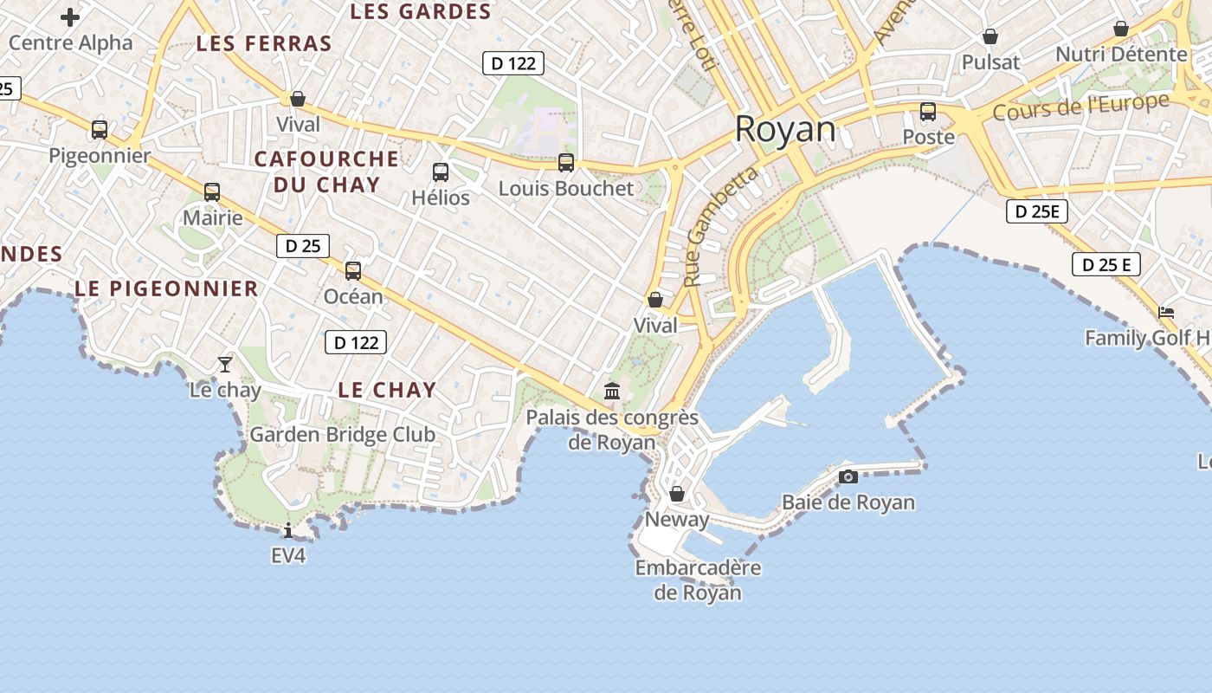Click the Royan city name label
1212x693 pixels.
(x=785, y=130)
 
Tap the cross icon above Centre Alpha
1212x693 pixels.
(x=70, y=16)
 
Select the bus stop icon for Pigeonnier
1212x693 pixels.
(x=100, y=130)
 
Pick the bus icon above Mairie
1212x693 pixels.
(x=212, y=192)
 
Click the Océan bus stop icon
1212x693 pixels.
(x=353, y=271)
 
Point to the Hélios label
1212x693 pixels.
(x=441, y=198)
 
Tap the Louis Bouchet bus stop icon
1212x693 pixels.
(x=566, y=163)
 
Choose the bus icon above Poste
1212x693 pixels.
(x=928, y=112)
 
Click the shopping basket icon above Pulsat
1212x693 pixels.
(x=990, y=36)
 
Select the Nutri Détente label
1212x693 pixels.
(x=1121, y=55)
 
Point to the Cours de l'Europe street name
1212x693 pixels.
(x=1080, y=107)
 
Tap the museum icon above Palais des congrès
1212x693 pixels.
(x=613, y=392)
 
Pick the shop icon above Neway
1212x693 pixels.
(x=677, y=494)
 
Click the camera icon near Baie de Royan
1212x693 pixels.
(x=848, y=476)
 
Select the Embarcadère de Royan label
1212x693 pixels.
(x=698, y=580)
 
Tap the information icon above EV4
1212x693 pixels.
(x=288, y=530)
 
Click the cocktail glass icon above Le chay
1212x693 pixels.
(x=225, y=364)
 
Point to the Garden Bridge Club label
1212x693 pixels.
(x=343, y=435)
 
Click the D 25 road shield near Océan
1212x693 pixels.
(x=303, y=246)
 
